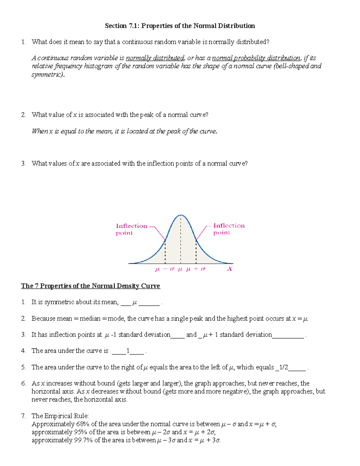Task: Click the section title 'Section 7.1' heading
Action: pyautogui.click(x=180, y=26)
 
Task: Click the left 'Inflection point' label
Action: pyautogui.click(x=131, y=229)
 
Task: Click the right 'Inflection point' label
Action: pyautogui.click(x=229, y=229)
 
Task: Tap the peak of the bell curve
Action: pyautogui.click(x=181, y=215)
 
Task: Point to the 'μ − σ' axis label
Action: pyautogui.click(x=165, y=269)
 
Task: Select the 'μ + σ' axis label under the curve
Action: pyautogui.click(x=196, y=269)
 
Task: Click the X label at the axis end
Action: pyautogui.click(x=229, y=269)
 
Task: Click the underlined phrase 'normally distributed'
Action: pyautogui.click(x=155, y=58)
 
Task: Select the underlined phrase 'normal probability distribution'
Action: pyautogui.click(x=256, y=58)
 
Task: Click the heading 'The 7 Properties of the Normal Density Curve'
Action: pyautogui.click(x=90, y=286)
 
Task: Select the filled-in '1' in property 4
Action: pyautogui.click(x=128, y=351)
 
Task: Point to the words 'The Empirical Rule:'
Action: pyautogui.click(x=60, y=416)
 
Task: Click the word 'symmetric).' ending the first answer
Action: pyautogui.click(x=48, y=74)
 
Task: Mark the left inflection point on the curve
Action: pyautogui.click(x=165, y=240)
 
